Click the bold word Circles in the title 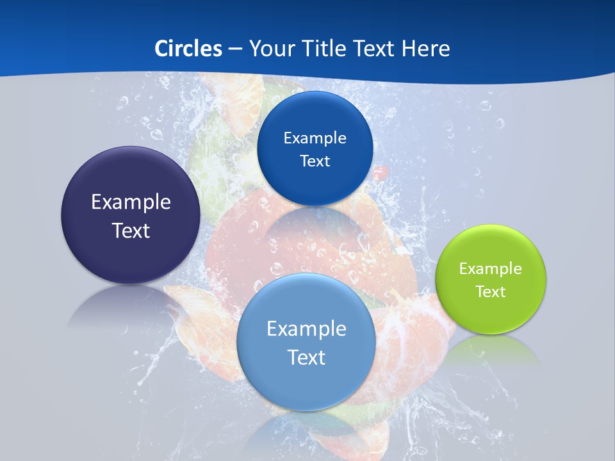(x=188, y=49)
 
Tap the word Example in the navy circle (x=131, y=202)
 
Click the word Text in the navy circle (x=131, y=230)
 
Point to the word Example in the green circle (x=490, y=269)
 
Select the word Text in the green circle (x=491, y=292)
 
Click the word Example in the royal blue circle (x=315, y=138)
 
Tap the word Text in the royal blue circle (x=315, y=161)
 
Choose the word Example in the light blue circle (x=306, y=329)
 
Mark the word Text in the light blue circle (x=306, y=357)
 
